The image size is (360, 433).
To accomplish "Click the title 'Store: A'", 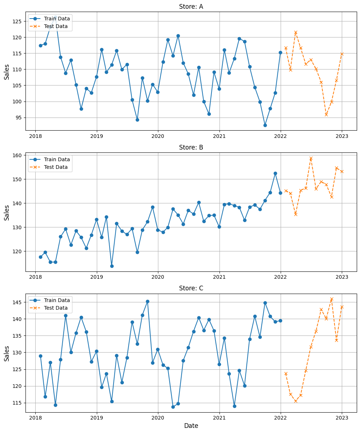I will (x=191, y=7).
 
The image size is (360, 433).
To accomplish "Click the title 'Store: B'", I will (x=191, y=147).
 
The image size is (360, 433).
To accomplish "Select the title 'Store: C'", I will (x=191, y=288).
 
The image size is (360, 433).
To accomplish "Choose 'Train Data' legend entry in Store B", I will (x=57, y=159).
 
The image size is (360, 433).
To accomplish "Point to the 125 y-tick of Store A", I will (x=17, y=21).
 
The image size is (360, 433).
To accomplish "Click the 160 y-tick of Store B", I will (x=17, y=155).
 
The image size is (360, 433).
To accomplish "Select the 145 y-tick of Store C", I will (x=17, y=302).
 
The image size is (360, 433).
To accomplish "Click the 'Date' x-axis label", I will (x=191, y=426).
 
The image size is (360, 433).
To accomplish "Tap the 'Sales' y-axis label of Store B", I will (x=7, y=212).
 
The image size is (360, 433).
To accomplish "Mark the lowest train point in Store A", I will (x=265, y=125).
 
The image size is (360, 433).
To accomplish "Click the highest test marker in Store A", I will (x=296, y=32).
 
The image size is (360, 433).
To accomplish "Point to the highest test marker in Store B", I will (x=311, y=158).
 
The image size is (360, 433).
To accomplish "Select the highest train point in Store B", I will (x=275, y=173).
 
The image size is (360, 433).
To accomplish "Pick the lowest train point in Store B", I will (x=112, y=266).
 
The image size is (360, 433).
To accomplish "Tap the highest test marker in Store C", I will (x=332, y=299).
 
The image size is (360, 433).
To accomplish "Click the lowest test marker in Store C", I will (x=296, y=401).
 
